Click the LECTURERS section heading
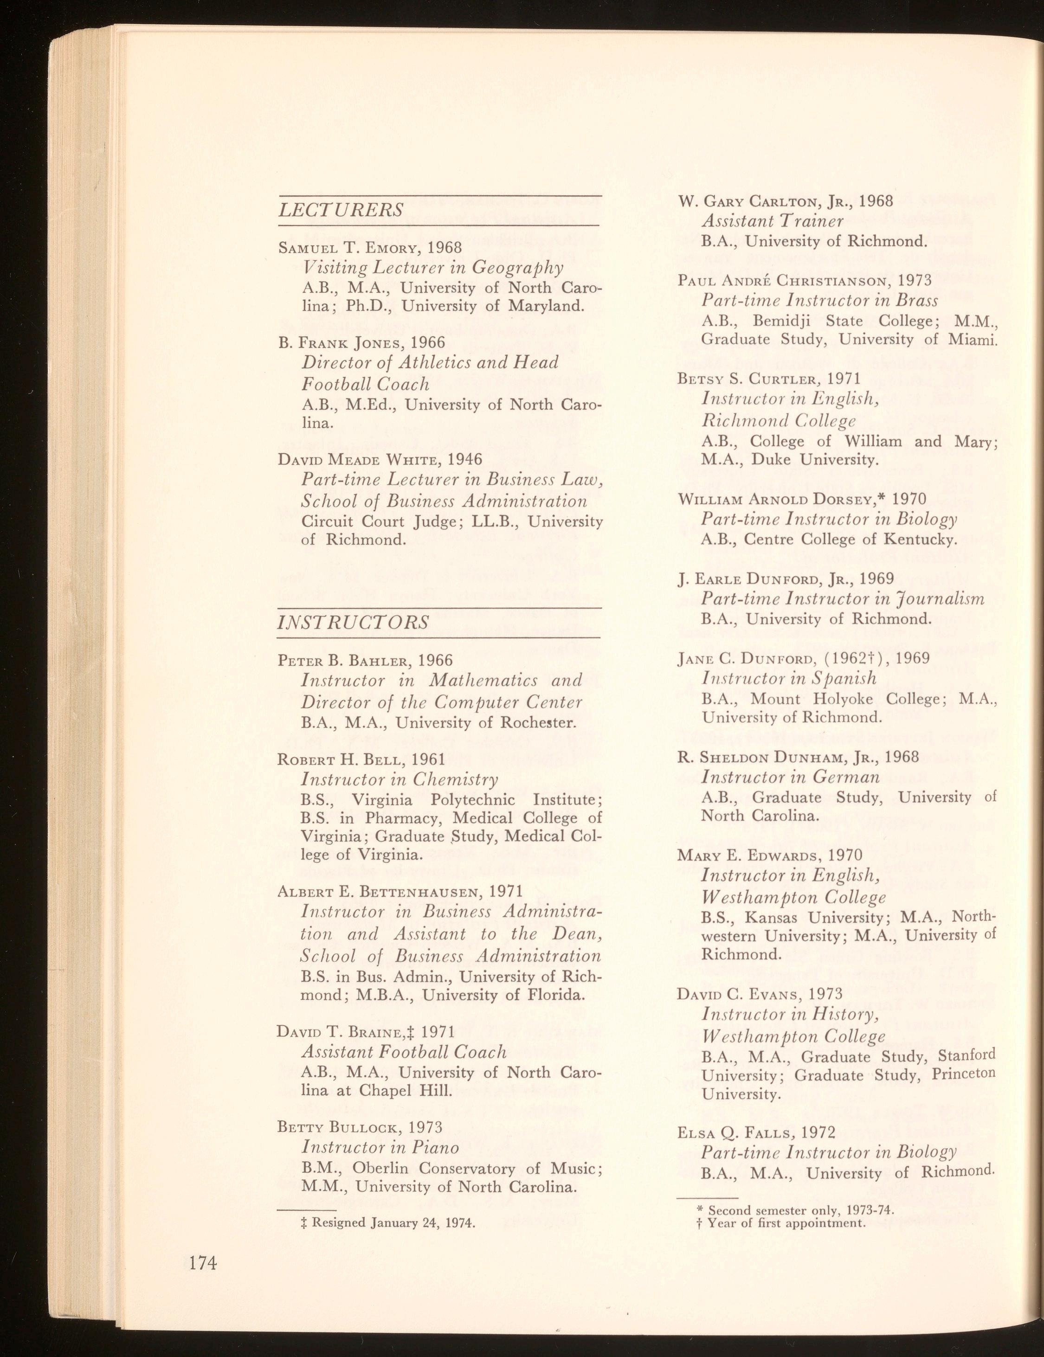341,209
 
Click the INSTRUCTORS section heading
353,622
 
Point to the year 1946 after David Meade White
465,459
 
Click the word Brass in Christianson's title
917,300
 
